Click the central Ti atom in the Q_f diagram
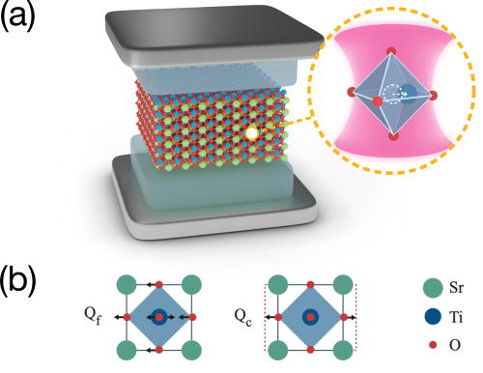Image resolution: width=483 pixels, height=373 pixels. pos(157,315)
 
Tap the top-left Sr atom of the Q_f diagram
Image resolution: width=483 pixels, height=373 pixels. pos(126,284)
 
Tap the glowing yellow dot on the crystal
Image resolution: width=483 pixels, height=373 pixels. pos(251,133)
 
